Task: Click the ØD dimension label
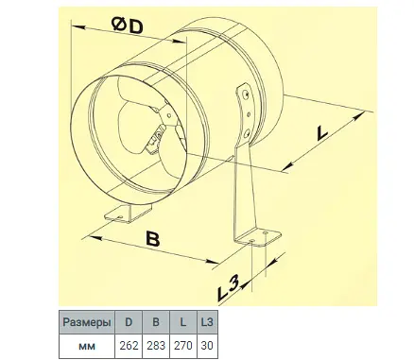[128, 26]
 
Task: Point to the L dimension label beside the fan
[321, 133]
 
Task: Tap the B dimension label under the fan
[153, 239]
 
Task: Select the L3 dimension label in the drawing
[228, 288]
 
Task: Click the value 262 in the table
[129, 346]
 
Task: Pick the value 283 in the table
[156, 346]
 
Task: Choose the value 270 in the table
[182, 346]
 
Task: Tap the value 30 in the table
[207, 346]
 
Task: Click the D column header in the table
[129, 322]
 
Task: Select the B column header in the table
[156, 322]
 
